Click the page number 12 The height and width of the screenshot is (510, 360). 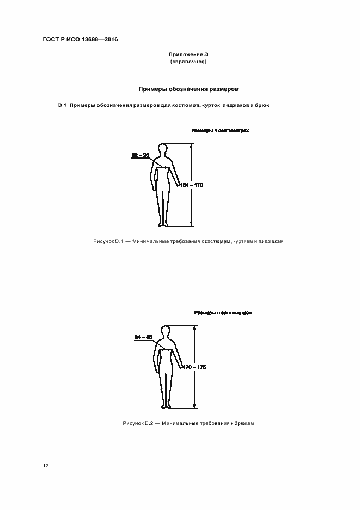46,466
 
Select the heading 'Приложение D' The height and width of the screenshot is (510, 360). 189,54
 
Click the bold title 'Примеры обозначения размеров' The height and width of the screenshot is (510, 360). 188,88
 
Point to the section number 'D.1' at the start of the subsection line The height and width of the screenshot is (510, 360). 62,105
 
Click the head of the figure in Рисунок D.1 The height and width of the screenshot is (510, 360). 162,149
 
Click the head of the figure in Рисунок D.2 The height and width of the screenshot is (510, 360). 165,331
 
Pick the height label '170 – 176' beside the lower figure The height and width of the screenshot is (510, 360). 194,367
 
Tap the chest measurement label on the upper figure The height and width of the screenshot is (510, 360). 140,155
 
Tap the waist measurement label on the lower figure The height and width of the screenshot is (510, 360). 143,338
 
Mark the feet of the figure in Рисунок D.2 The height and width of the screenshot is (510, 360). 166,405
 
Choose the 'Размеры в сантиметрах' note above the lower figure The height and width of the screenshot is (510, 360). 223,313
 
